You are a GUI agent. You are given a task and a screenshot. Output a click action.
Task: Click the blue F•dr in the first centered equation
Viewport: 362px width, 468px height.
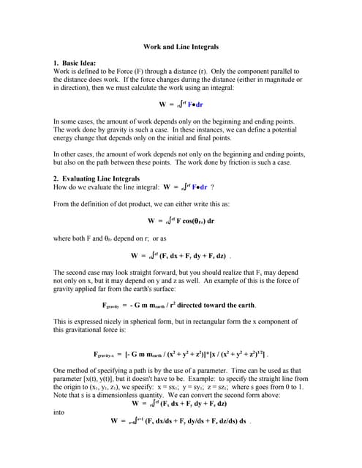click(x=195, y=104)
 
